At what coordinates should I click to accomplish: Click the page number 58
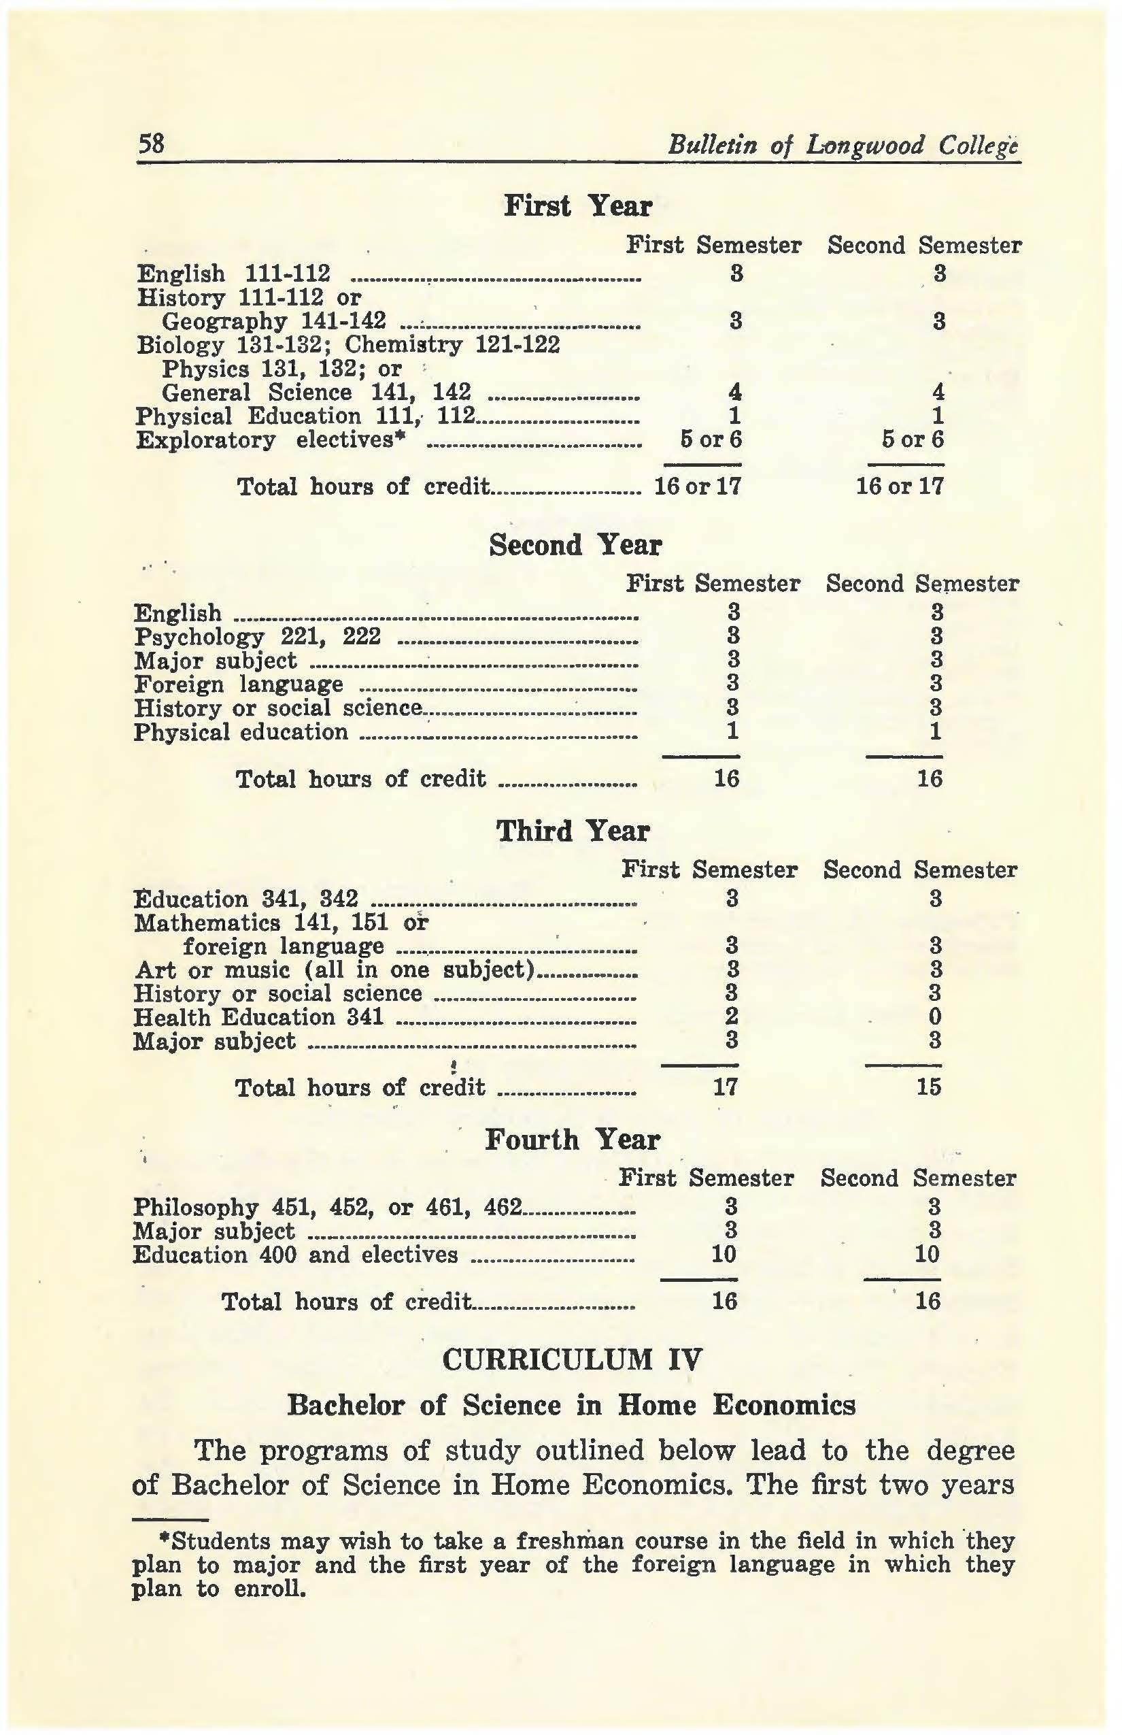click(x=152, y=144)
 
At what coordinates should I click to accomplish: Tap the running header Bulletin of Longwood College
click(x=843, y=146)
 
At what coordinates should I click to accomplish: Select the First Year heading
click(x=577, y=206)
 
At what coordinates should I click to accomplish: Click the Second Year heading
click(x=575, y=545)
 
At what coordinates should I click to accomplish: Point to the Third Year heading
click(x=572, y=831)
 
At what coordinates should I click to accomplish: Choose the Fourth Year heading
click(x=572, y=1140)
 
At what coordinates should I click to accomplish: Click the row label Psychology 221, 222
click(x=257, y=637)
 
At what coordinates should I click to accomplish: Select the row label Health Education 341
click(x=258, y=1017)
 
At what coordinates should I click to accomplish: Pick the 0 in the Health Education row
click(x=936, y=1017)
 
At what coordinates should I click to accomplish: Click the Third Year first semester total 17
click(x=725, y=1088)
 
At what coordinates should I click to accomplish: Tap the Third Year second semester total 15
click(x=929, y=1088)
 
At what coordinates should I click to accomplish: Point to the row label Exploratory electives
click(x=269, y=440)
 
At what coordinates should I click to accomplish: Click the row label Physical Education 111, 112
click(x=305, y=416)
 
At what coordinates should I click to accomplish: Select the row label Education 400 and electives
click(x=296, y=1255)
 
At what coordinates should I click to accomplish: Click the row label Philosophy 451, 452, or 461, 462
click(x=328, y=1207)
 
